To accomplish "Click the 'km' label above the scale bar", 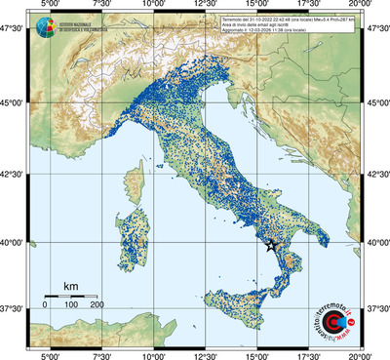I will (70, 286).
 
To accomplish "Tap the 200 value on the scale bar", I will (97, 305).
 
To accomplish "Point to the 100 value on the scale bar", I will (71, 305).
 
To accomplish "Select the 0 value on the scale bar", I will (45, 305).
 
